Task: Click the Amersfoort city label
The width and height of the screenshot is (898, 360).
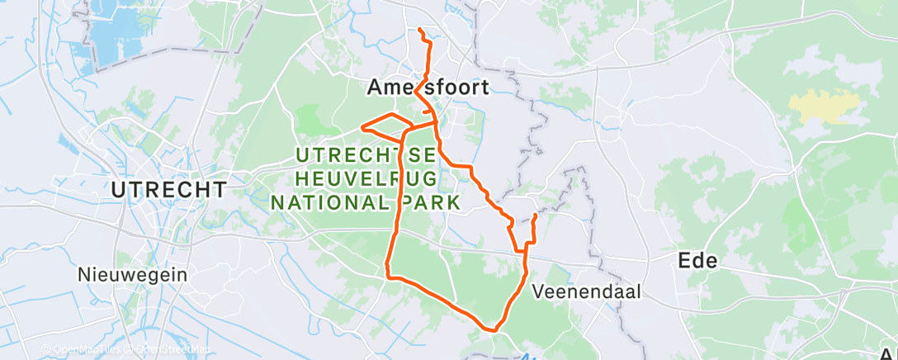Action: click(428, 87)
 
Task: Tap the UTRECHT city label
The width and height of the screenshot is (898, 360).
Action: click(169, 189)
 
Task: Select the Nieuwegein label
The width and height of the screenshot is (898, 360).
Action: click(132, 274)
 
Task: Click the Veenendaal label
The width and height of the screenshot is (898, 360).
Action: click(587, 291)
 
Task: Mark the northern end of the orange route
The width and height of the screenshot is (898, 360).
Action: click(420, 30)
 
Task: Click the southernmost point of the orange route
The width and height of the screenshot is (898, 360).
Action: click(494, 330)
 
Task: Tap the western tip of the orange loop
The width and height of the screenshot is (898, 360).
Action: click(362, 127)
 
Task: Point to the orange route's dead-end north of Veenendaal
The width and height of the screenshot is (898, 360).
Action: click(536, 216)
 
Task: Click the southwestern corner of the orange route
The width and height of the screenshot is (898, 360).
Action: click(388, 275)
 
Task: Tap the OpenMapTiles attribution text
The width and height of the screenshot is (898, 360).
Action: click(83, 349)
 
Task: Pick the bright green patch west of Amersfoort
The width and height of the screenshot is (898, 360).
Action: click(312, 118)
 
